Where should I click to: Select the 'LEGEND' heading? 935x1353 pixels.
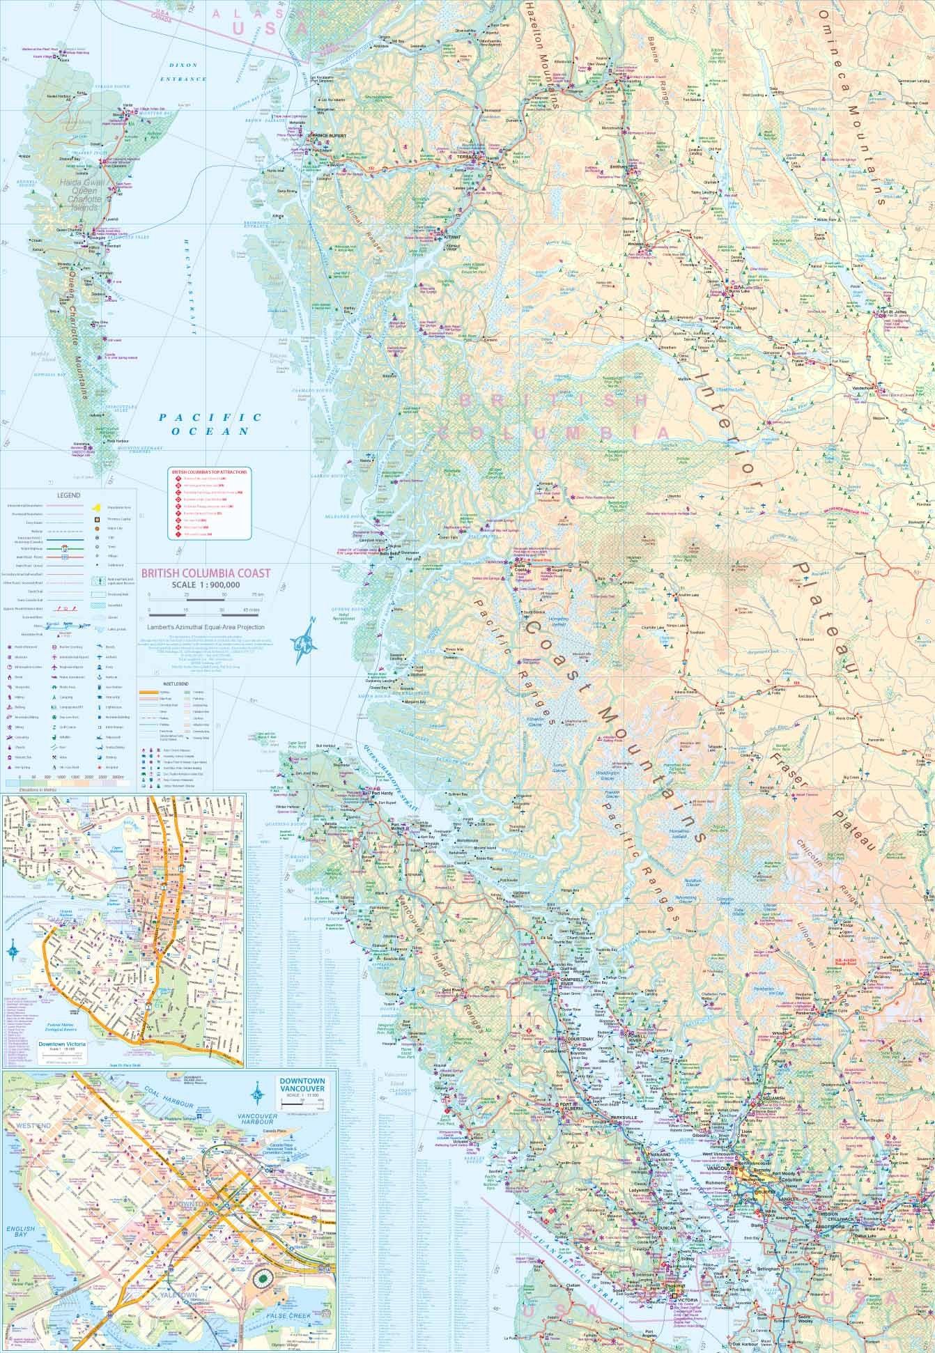68,495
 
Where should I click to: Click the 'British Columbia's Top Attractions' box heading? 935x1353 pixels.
210,472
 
